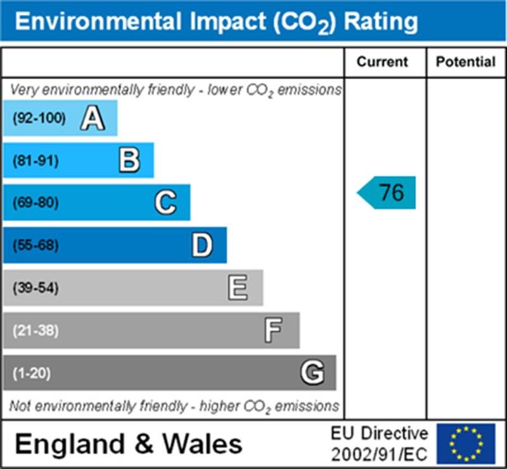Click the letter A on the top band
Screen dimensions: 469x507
pyautogui.click(x=93, y=119)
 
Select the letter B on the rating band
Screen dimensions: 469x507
pyautogui.click(x=129, y=160)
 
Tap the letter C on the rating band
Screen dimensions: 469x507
pyautogui.click(x=165, y=203)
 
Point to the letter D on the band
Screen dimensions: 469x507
pyautogui.click(x=202, y=245)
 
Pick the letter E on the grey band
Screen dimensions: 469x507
pyautogui.click(x=238, y=288)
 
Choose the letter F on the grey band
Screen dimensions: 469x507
pyautogui.click(x=274, y=330)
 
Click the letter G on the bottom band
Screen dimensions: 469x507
pyautogui.click(x=312, y=373)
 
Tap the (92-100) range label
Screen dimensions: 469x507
pyautogui.click(x=39, y=119)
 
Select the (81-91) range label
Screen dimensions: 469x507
pyautogui.click(x=35, y=161)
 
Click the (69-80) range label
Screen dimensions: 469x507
pyautogui.click(x=35, y=203)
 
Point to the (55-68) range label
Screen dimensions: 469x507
pyautogui.click(x=35, y=245)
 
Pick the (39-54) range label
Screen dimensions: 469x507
pyautogui.click(x=35, y=288)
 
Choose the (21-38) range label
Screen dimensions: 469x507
pyautogui.click(x=35, y=331)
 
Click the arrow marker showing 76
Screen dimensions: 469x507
pyautogui.click(x=387, y=193)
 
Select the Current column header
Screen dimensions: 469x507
pyautogui.click(x=382, y=62)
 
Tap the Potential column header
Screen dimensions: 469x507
pyautogui.click(x=466, y=62)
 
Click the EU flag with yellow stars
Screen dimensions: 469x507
pyautogui.click(x=466, y=444)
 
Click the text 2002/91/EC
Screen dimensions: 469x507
pyautogui.click(x=379, y=454)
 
